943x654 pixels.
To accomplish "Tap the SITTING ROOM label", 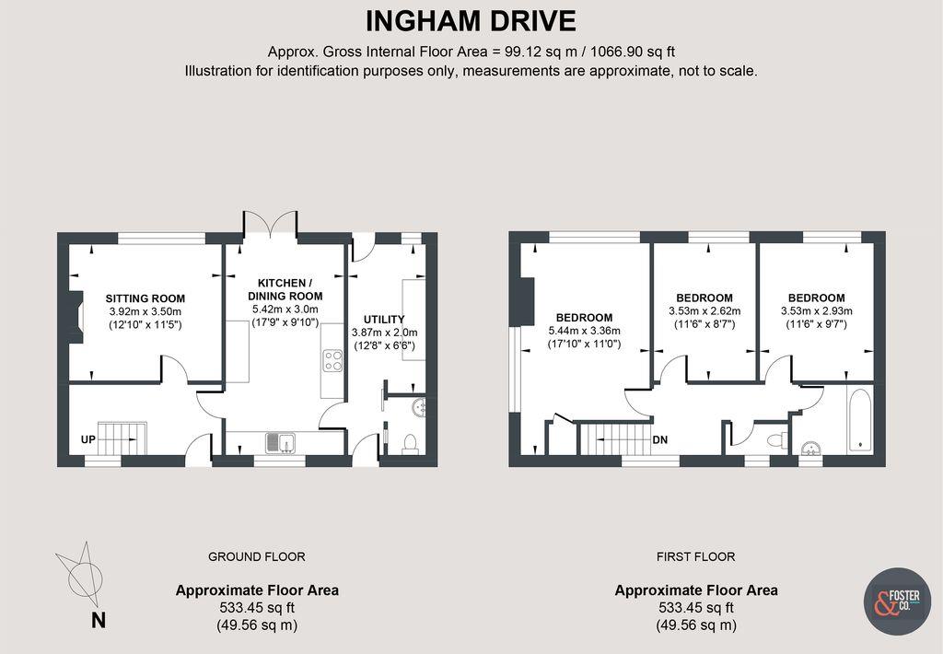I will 145,298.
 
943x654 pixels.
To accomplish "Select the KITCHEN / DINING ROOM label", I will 285,288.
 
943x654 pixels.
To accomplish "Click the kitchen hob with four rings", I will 332,360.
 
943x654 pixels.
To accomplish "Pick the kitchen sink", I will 280,444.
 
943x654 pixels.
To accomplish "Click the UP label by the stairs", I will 88,440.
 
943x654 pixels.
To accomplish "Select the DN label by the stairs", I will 660,440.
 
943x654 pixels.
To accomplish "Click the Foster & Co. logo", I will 897,601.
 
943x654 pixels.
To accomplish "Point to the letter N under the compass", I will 98,620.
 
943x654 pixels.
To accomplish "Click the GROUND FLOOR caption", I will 256,556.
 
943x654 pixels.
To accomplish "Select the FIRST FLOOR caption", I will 695,556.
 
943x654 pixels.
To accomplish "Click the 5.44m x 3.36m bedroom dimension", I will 584,331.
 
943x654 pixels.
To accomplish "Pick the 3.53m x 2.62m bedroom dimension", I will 704,311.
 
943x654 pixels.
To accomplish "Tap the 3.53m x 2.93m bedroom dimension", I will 816,311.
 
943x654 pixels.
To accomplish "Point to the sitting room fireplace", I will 77,317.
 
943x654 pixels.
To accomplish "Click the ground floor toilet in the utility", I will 411,444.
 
